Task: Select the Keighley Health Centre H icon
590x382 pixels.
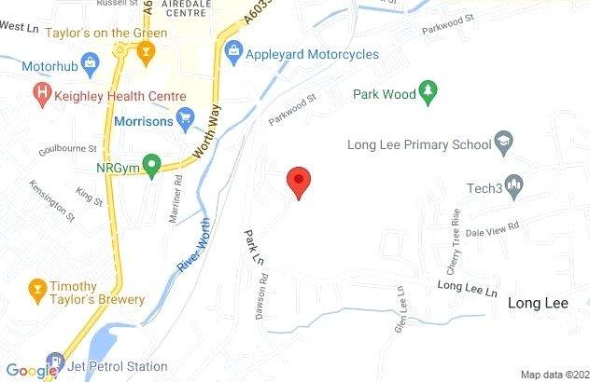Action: pos(42,95)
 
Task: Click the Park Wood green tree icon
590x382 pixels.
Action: pos(429,91)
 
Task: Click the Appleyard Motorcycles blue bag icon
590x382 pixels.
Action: pos(233,52)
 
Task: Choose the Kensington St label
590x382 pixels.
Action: pos(52,200)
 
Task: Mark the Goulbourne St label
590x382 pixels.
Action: pos(68,149)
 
